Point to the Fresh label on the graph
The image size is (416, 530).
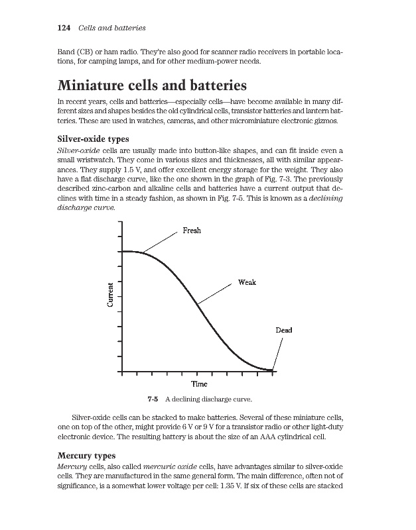[x=191, y=231]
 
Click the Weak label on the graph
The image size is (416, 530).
[x=246, y=282]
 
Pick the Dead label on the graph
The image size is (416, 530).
[x=284, y=330]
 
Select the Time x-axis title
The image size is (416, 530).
[x=199, y=384]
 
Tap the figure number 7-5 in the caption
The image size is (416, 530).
[x=152, y=399]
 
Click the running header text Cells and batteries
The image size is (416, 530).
[x=112, y=28]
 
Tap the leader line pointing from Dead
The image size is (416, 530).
[x=279, y=352]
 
